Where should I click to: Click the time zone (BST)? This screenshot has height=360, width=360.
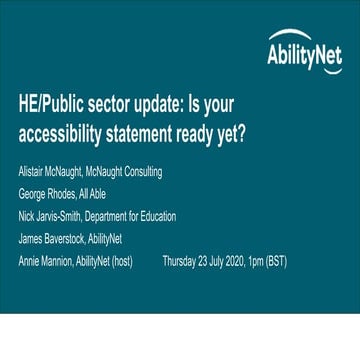click(296, 260)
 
